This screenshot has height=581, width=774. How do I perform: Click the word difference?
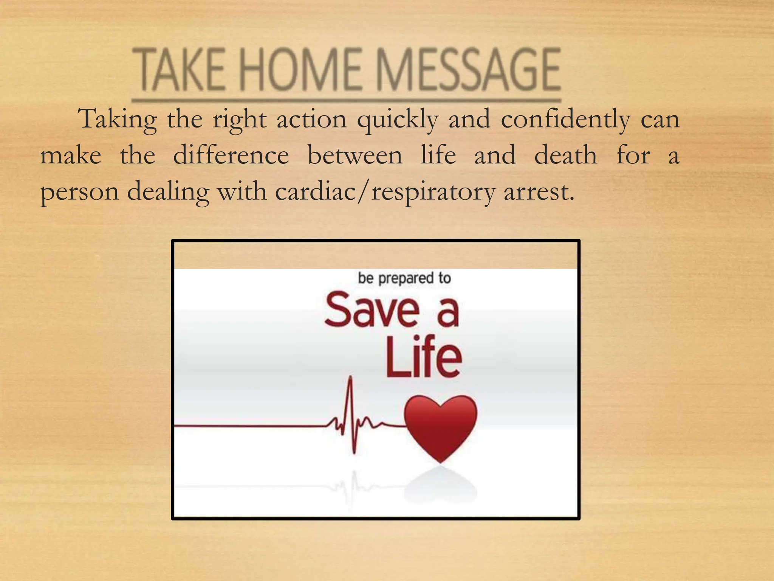231,155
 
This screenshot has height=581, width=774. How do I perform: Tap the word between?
355,155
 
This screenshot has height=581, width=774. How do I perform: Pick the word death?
565,155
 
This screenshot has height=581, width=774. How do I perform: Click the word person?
80,192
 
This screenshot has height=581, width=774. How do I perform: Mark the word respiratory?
433,192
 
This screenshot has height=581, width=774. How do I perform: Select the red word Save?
372,310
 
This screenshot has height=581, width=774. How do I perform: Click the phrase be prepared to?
404,278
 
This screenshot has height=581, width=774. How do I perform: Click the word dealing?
168,192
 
